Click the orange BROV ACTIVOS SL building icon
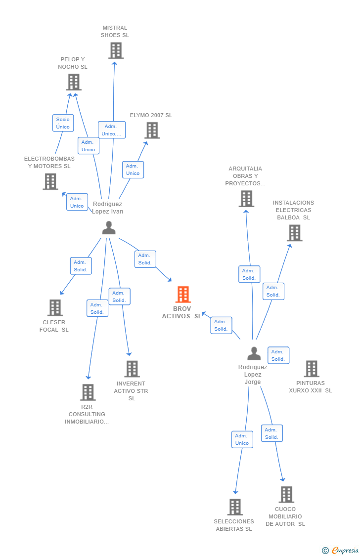point(183,295)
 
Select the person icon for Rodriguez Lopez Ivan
point(109,228)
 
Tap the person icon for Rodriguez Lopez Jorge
point(254,353)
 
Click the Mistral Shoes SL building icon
point(116,50)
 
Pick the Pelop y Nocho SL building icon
point(74,82)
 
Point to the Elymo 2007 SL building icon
point(152,130)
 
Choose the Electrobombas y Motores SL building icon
point(50,181)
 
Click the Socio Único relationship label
point(63,123)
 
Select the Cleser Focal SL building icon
point(55,307)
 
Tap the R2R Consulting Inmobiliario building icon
point(88,392)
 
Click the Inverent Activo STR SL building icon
point(132,369)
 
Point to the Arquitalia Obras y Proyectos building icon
point(246,199)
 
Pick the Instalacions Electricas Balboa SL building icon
point(294,233)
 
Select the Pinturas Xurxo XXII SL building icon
point(312,369)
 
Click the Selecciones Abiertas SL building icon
point(235,507)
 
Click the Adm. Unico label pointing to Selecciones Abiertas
point(242,439)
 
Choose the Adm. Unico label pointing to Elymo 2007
point(133,170)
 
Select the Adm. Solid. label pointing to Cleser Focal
point(81,266)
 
